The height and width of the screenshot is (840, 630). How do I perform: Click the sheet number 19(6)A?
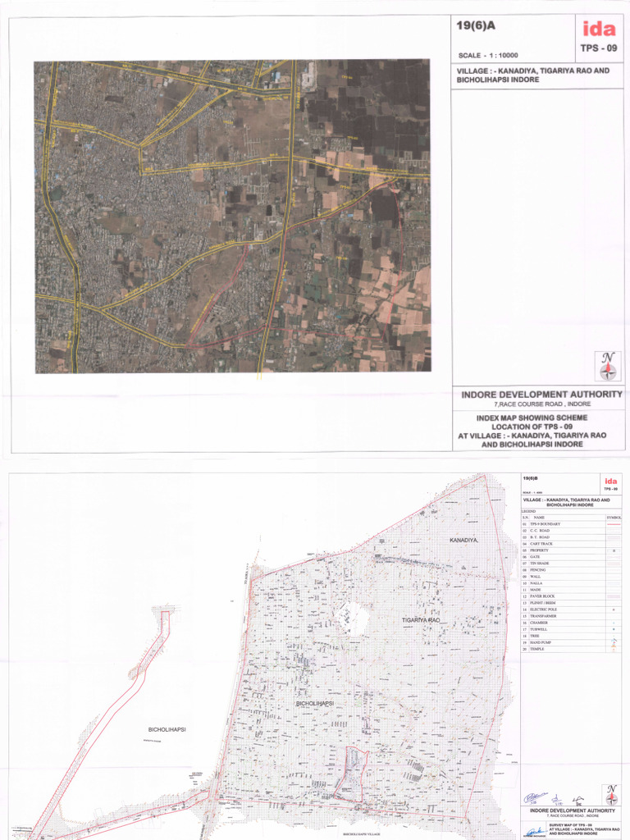(x=476, y=26)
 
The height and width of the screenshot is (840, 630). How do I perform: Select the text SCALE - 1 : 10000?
(x=490, y=56)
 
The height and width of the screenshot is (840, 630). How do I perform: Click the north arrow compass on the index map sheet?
(x=608, y=366)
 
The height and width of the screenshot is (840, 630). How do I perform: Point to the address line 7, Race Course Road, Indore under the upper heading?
(x=541, y=405)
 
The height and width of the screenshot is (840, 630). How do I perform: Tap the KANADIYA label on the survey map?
(x=464, y=541)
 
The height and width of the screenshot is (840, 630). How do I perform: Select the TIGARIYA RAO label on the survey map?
(x=422, y=621)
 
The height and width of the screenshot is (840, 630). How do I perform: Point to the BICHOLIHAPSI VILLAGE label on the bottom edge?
(x=362, y=833)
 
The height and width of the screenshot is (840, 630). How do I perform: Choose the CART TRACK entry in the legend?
(x=541, y=544)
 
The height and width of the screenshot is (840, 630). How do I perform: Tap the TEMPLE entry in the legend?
(x=537, y=649)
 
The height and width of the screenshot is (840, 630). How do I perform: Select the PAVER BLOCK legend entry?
(x=543, y=596)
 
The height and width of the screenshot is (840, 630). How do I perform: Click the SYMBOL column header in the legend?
(x=614, y=518)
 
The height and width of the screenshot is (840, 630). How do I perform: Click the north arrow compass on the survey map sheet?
(x=610, y=793)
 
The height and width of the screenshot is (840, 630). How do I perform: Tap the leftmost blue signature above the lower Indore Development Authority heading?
(x=534, y=797)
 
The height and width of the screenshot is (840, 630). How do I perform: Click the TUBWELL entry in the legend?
(x=540, y=629)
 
